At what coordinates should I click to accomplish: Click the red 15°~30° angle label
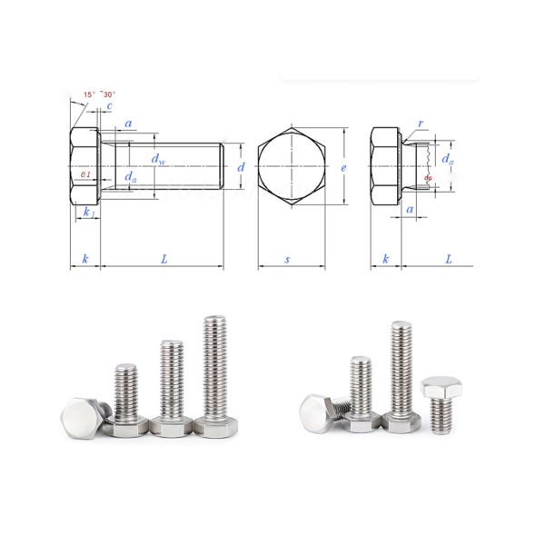pyautogui.click(x=98, y=94)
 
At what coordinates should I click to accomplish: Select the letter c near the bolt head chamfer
pyautogui.click(x=109, y=107)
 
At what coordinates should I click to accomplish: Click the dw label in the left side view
pyautogui.click(x=158, y=160)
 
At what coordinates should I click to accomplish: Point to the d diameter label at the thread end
pyautogui.click(x=241, y=167)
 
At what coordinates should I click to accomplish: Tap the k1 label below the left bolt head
pyautogui.click(x=88, y=212)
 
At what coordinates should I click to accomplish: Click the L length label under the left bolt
pyautogui.click(x=164, y=259)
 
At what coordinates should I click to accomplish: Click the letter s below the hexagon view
pyautogui.click(x=288, y=259)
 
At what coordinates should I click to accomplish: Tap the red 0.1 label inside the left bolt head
pyautogui.click(x=85, y=173)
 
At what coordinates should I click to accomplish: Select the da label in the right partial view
pyautogui.click(x=447, y=159)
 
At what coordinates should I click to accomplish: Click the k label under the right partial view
pyautogui.click(x=386, y=259)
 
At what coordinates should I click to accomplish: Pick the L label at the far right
pyautogui.click(x=449, y=259)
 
